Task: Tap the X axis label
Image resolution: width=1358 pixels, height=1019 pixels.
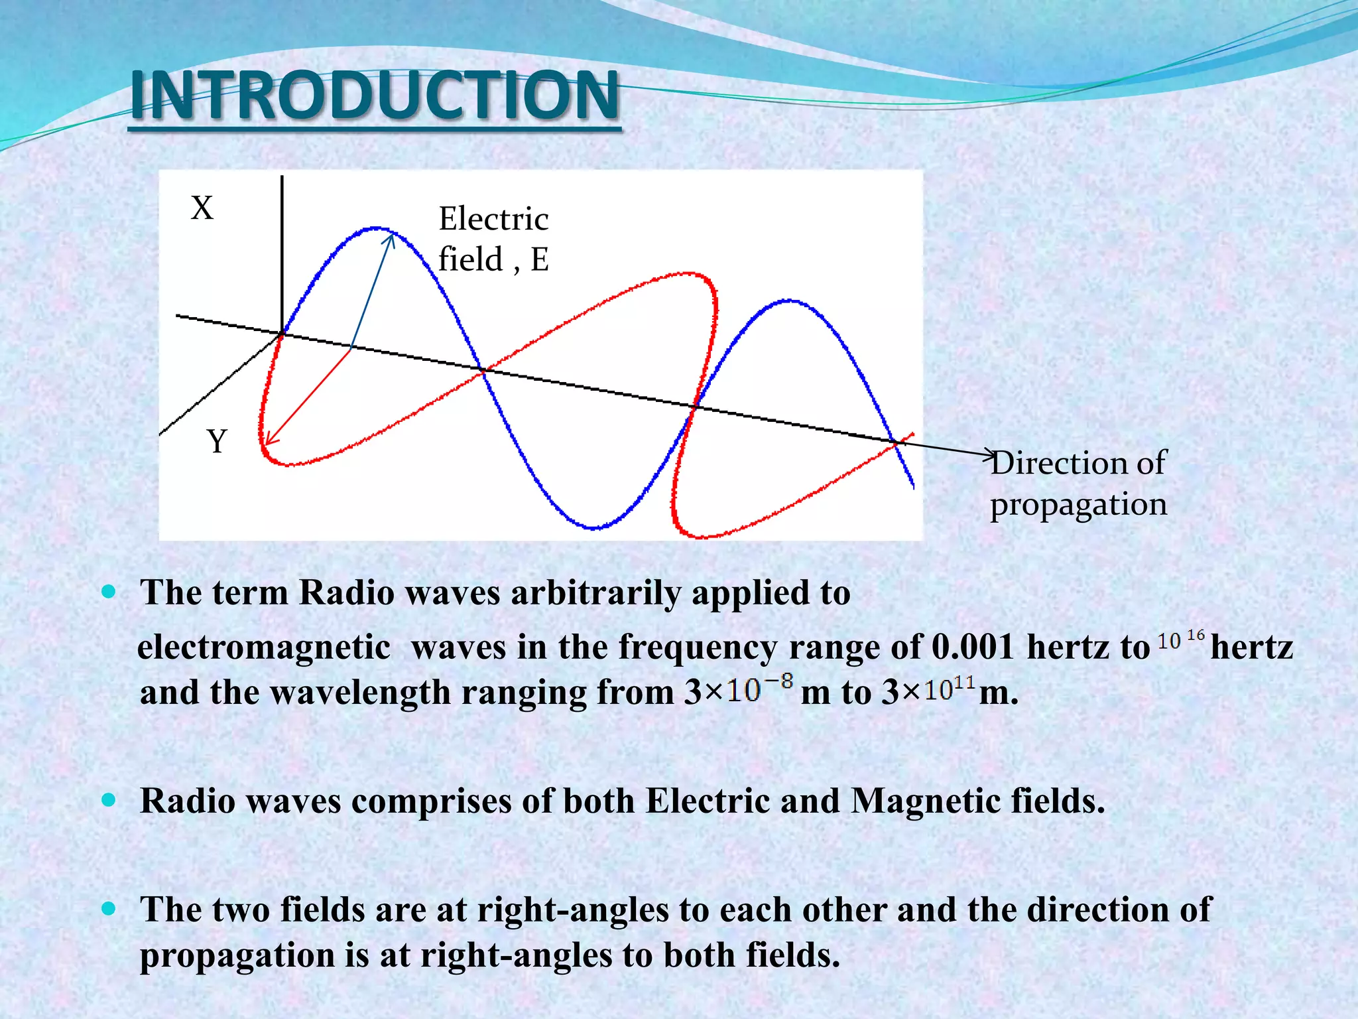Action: [202, 208]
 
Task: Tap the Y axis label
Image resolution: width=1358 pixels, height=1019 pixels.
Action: [217, 441]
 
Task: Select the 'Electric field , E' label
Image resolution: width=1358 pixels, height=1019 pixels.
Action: [493, 239]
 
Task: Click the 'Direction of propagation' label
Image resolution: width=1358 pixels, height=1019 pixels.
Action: [1078, 483]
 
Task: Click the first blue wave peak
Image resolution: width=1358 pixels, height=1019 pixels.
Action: [377, 228]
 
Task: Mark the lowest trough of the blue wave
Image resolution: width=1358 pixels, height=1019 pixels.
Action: [594, 528]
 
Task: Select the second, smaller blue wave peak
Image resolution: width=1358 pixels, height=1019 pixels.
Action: [789, 301]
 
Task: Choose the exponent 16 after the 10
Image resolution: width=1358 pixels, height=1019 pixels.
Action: [1196, 636]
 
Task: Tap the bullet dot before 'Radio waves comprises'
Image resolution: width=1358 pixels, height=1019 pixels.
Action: [109, 800]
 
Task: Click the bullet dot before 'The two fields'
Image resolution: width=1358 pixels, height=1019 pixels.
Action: [109, 908]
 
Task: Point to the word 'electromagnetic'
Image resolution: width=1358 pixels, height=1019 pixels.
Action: [263, 647]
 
